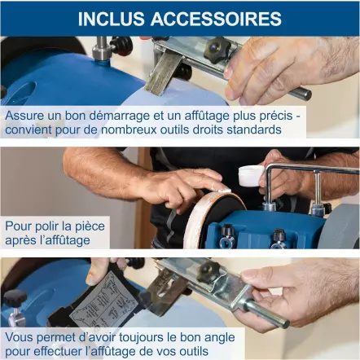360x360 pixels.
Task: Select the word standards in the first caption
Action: [256, 130]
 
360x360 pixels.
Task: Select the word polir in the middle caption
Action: [50, 226]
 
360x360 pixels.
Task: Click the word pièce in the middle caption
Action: [88, 226]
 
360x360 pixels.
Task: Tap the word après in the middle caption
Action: [22, 240]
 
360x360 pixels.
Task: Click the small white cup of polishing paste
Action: [249, 175]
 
